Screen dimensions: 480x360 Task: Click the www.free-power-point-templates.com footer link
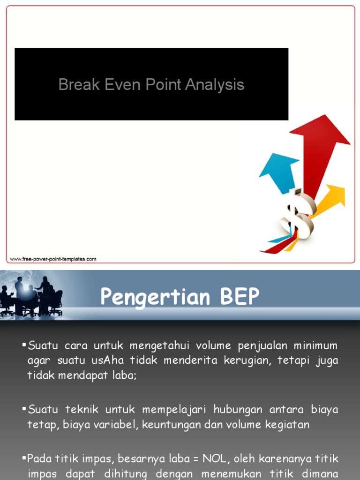[x=53, y=259]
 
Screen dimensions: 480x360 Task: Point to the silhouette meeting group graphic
[x=33, y=295]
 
